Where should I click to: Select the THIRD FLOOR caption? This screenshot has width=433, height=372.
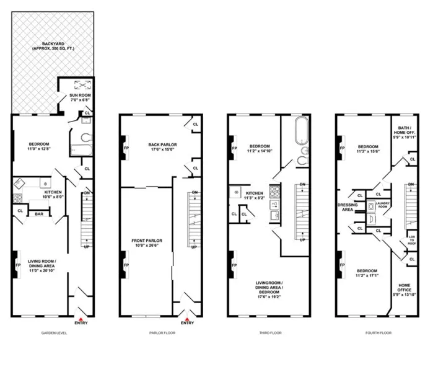[x=270, y=333]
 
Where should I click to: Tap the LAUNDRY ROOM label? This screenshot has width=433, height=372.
[x=382, y=203]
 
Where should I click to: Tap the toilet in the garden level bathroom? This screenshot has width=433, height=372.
[x=85, y=137]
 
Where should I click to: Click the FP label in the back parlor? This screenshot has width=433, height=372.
[x=126, y=149]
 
